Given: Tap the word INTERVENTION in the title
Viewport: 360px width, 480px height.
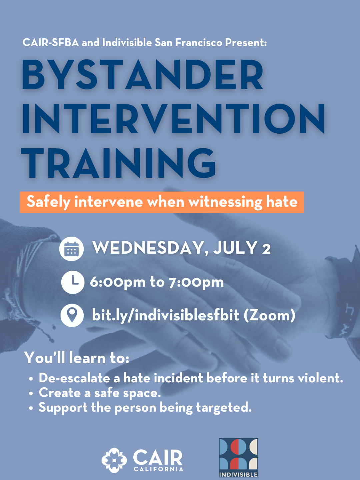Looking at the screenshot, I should pyautogui.click(x=173, y=119).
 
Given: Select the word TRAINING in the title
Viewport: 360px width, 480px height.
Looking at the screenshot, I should pyautogui.click(x=119, y=163).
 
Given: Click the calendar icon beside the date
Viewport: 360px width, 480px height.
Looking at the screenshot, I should pyautogui.click(x=71, y=249).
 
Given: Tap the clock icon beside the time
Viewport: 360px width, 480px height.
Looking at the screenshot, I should pyautogui.click(x=73, y=282).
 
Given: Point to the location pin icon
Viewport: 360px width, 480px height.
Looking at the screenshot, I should pyautogui.click(x=72, y=315).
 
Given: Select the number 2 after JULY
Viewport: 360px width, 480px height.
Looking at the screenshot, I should pyautogui.click(x=266, y=249).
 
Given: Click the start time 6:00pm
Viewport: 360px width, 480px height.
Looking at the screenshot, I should pyautogui.click(x=117, y=282).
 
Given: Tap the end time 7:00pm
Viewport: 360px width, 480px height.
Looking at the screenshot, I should pyautogui.click(x=196, y=282).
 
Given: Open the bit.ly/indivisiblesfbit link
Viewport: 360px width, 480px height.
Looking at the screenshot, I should pyautogui.click(x=166, y=315).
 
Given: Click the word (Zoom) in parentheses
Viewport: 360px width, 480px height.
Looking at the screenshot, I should pyautogui.click(x=269, y=315).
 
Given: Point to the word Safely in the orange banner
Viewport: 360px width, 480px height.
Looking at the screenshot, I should pyautogui.click(x=48, y=202).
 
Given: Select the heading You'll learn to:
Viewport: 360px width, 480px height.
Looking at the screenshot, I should pyautogui.click(x=77, y=358).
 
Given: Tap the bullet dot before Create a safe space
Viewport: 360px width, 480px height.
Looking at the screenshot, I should pyautogui.click(x=31, y=394).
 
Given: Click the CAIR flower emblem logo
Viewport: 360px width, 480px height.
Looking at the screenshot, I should pyautogui.click(x=114, y=460).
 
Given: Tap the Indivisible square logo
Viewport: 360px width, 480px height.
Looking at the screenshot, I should pyautogui.click(x=238, y=457).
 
